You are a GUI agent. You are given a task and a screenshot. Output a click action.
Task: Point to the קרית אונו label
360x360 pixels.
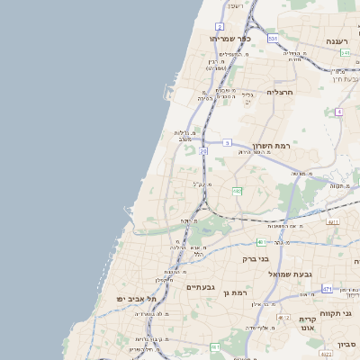307,325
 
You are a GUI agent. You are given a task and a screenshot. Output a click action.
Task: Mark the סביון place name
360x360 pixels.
347,345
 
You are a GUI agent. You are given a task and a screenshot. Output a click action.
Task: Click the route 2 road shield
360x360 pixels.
220,27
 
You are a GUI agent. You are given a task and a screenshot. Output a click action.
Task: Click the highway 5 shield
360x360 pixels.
228,142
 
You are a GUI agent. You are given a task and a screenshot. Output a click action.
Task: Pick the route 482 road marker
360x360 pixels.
237,191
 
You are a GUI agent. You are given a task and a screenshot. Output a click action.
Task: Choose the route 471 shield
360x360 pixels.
327,289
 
